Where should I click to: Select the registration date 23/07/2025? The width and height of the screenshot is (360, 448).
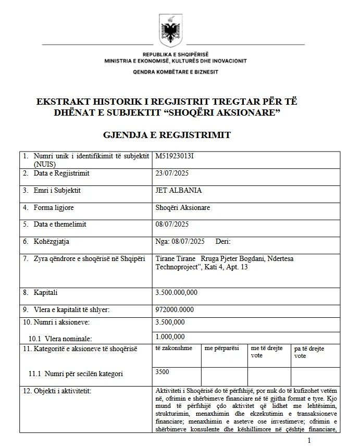point(172,173)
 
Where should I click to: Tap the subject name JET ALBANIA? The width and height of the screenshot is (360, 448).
point(179,191)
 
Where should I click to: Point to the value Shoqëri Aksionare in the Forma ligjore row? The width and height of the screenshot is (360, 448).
point(183,207)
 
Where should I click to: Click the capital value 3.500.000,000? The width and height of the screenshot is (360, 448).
point(177,293)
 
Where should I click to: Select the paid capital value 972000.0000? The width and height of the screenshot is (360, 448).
point(175,309)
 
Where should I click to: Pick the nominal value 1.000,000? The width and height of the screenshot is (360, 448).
point(170,337)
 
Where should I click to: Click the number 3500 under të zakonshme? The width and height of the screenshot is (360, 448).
point(162,372)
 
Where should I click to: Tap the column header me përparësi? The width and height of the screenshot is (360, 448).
point(222,348)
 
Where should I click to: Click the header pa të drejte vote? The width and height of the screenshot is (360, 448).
point(309,352)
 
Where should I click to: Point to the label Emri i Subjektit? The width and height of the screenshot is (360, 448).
point(57,191)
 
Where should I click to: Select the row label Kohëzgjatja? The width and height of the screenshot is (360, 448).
point(52,241)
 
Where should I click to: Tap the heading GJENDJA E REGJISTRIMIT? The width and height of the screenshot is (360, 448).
point(167,135)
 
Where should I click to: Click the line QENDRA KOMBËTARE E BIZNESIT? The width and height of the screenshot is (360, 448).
point(176,71)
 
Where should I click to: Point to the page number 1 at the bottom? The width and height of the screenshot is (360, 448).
point(309,441)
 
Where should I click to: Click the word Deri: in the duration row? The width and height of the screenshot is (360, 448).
point(222,241)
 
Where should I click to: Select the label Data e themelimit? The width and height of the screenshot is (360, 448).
point(60,225)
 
